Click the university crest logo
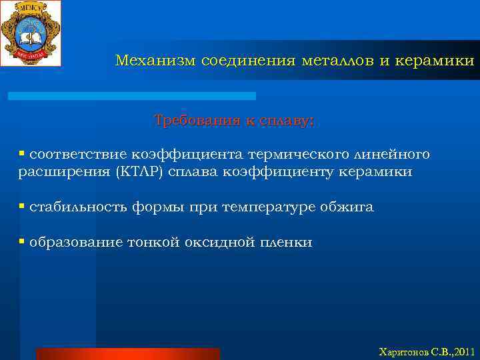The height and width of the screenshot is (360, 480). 31,33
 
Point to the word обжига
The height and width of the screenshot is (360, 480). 349,207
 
